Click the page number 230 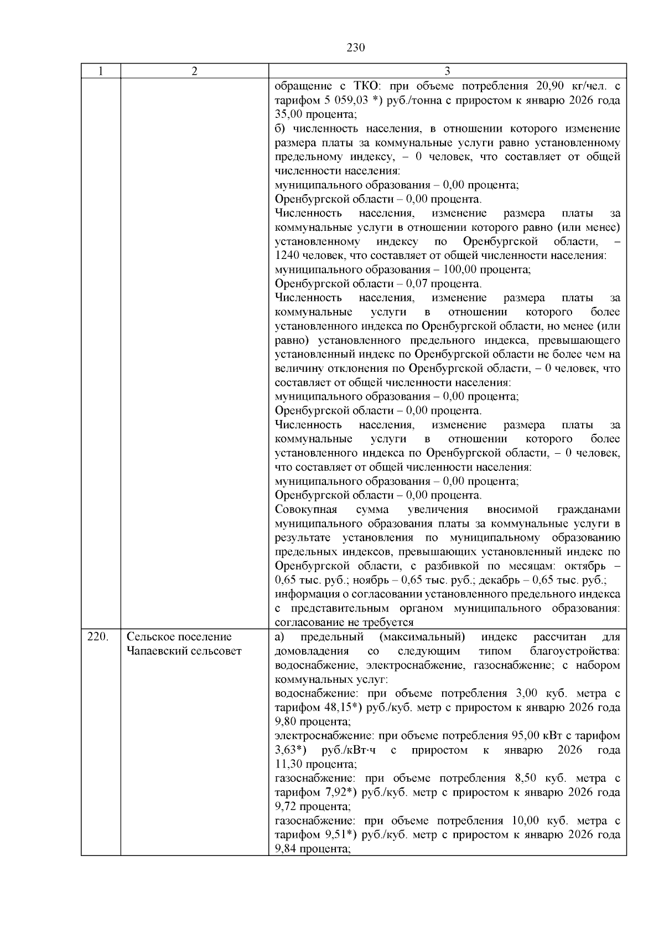(356, 48)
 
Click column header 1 (100, 71)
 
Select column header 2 (194, 71)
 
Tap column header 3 (447, 71)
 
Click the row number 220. (97, 637)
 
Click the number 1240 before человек (288, 256)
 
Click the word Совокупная (306, 510)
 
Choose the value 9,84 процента (287, 849)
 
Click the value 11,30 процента (288, 764)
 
